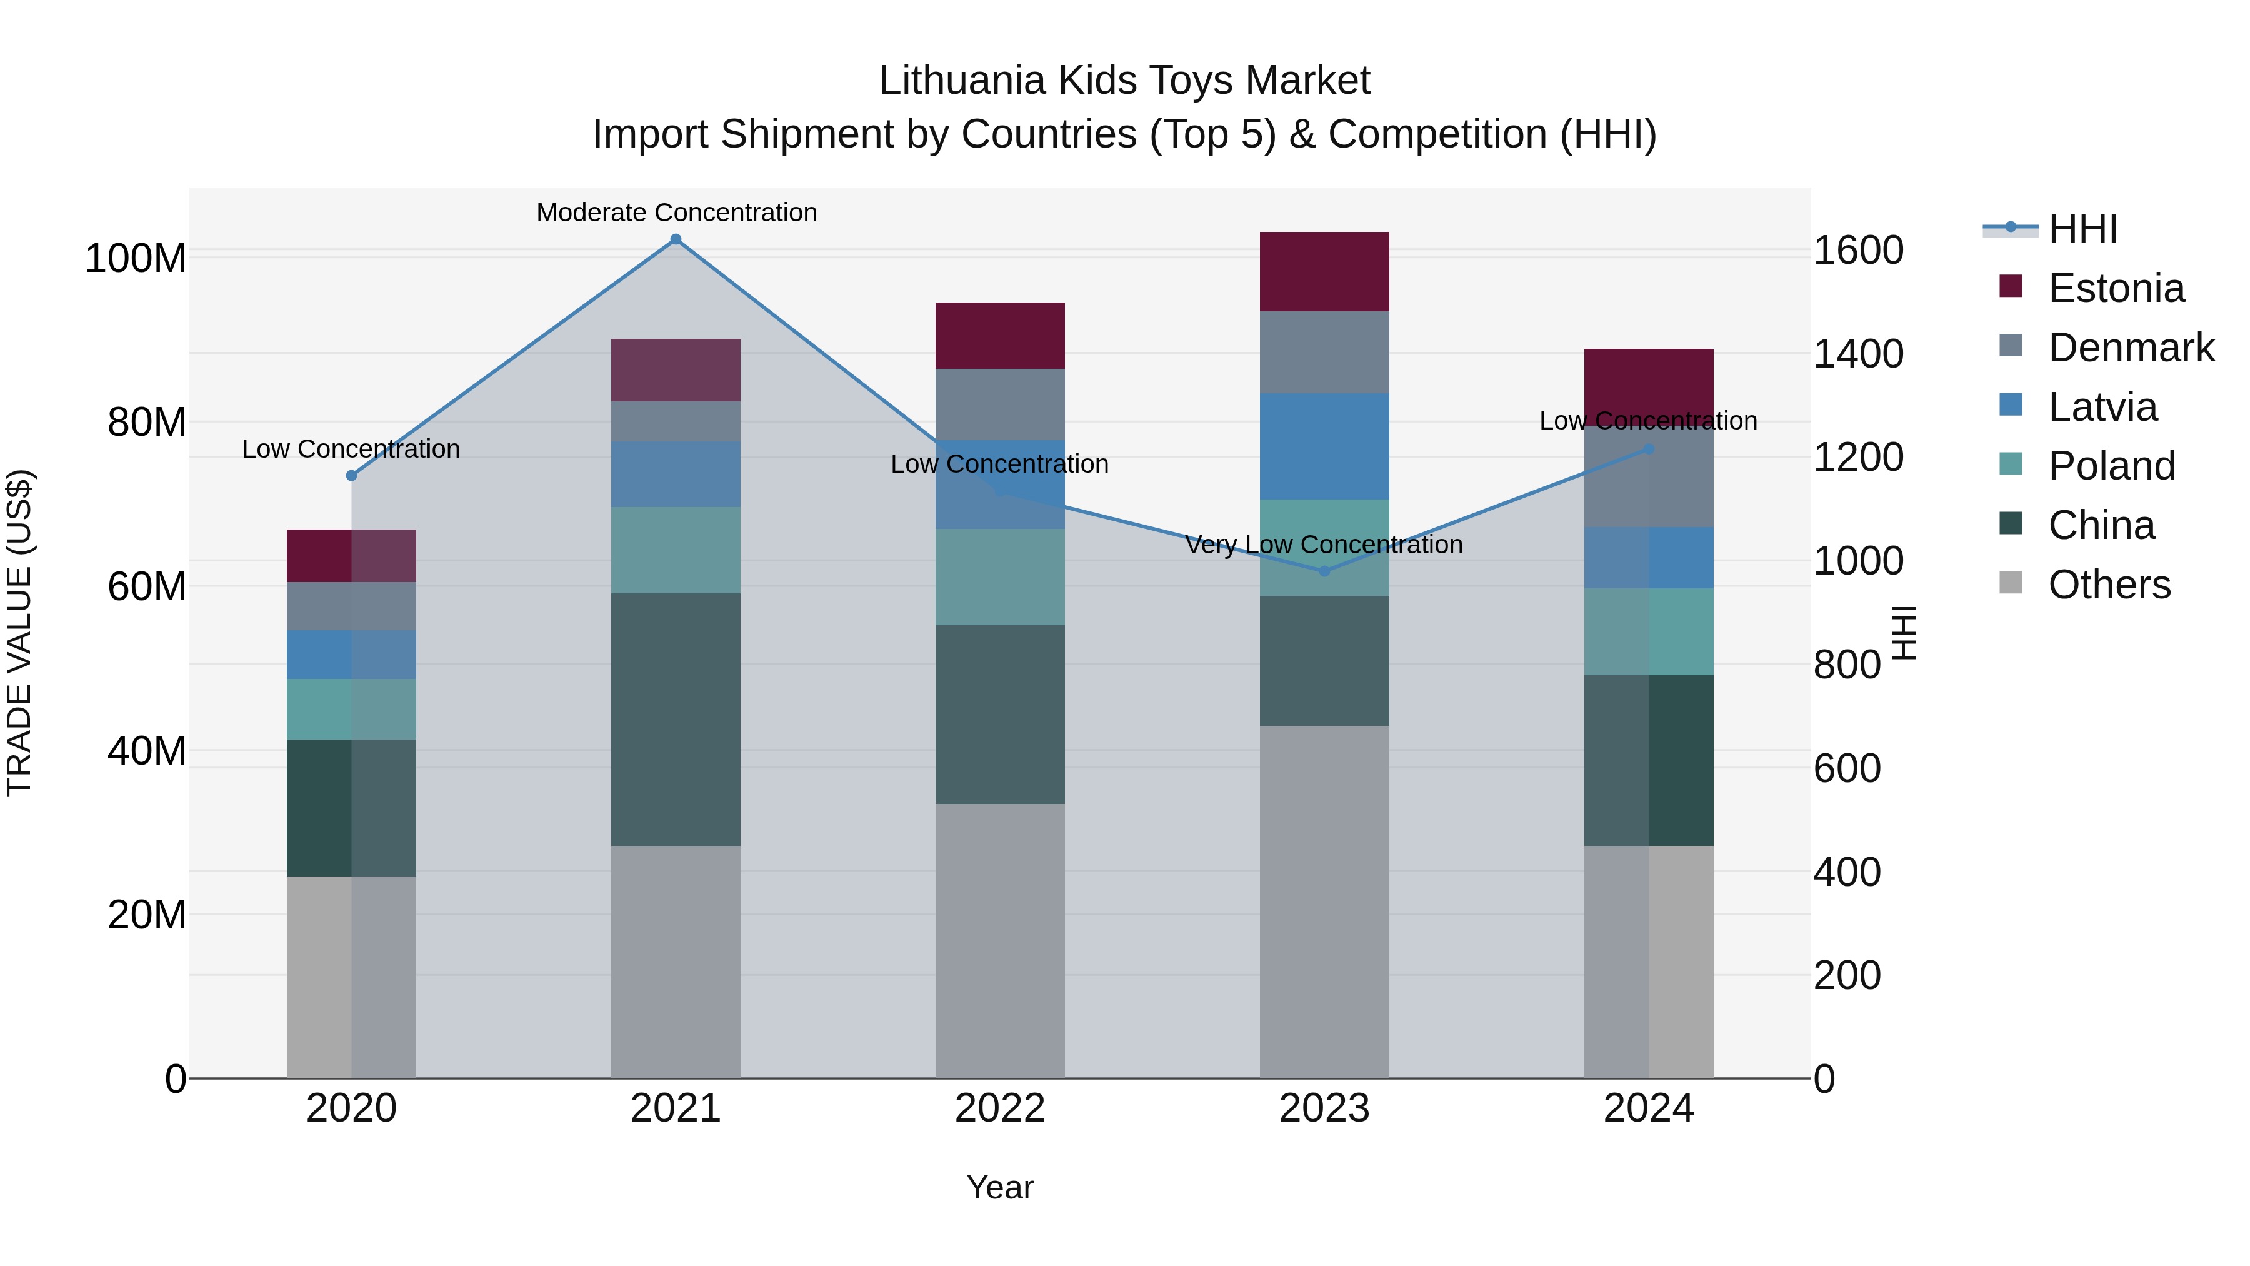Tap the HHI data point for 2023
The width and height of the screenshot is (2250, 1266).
point(1324,571)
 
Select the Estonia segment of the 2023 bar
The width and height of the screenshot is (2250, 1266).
point(1324,272)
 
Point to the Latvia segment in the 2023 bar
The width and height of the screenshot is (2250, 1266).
point(1324,446)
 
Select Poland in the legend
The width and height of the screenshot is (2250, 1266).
point(2111,466)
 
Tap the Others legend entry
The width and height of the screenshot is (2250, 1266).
point(2109,585)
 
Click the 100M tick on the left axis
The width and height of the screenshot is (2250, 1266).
point(136,259)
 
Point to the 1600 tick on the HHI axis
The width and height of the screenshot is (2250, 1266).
point(1859,251)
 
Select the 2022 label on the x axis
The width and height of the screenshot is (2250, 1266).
point(1000,1108)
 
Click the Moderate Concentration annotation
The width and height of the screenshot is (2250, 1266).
point(677,213)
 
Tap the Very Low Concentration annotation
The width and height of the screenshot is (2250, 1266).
point(1323,545)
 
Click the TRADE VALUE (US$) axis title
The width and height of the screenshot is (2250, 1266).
point(20,633)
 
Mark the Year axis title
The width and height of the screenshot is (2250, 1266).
point(1000,1187)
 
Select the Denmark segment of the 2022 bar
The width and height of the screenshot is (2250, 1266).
point(1000,404)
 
